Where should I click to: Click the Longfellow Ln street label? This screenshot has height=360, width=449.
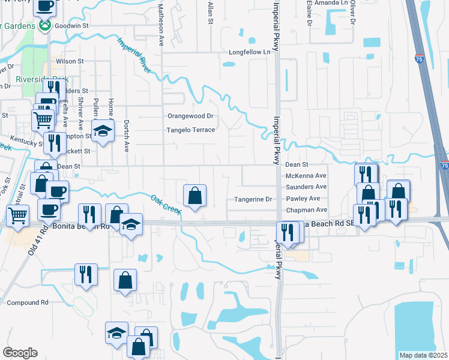click(x=250, y=52)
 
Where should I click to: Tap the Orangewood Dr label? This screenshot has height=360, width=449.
click(x=190, y=116)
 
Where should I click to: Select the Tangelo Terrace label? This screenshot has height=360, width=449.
click(x=190, y=130)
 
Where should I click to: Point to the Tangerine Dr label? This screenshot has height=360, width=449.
click(x=253, y=199)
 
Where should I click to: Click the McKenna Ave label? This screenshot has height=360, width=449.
click(x=306, y=176)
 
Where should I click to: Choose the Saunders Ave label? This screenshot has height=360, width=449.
click(x=306, y=187)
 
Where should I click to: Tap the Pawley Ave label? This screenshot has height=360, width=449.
click(x=303, y=198)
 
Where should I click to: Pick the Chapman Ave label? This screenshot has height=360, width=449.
click(x=306, y=210)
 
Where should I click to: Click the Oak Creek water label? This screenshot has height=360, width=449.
click(x=166, y=204)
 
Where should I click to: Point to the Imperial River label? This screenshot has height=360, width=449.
click(x=134, y=55)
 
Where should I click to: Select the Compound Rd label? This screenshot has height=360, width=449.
click(x=28, y=303)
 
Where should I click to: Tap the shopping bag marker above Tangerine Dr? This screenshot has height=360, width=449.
click(x=195, y=196)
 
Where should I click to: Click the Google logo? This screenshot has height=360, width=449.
click(x=19, y=353)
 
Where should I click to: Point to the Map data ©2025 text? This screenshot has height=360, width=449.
click(x=423, y=355)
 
